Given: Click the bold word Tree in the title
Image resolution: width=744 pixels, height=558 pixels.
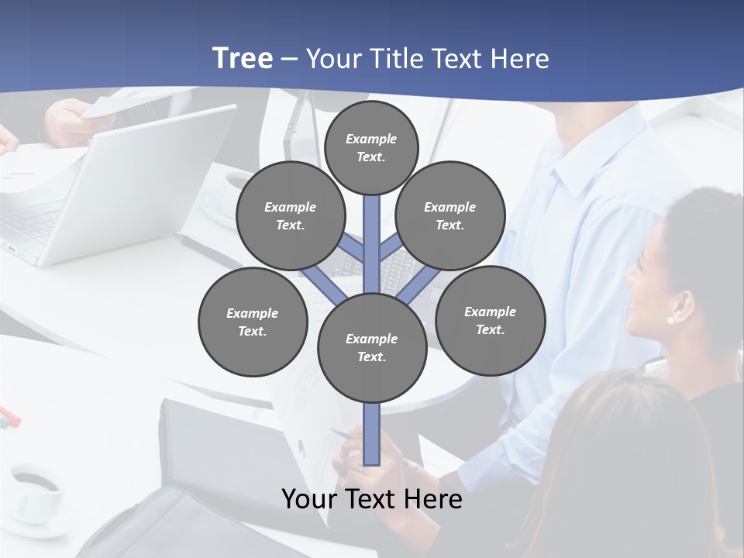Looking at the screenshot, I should tap(243, 58).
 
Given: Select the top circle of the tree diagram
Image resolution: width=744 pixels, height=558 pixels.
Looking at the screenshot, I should tap(371, 147).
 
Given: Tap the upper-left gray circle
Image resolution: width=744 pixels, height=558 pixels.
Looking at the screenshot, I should tap(291, 215).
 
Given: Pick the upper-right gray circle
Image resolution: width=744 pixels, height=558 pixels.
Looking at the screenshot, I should tap(450, 215).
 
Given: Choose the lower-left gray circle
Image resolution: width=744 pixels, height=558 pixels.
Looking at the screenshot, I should tap(253, 322).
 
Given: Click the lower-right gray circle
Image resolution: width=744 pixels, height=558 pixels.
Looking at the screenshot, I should tap(491, 320).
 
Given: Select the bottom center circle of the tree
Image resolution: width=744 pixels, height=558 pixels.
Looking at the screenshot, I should tap(372, 347).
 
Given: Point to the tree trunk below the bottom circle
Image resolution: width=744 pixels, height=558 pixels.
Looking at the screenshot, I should tap(372, 434).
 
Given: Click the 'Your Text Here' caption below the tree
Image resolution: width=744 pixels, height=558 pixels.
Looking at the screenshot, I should tap(372, 499).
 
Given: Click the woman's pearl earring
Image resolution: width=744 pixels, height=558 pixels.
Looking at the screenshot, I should tap(670, 319).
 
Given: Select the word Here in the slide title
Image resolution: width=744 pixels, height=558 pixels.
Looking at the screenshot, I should tap(520, 59).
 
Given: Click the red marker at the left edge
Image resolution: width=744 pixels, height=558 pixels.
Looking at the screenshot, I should tap(9, 416).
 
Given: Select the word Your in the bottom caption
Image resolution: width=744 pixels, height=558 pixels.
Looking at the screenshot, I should tap(310, 499).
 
